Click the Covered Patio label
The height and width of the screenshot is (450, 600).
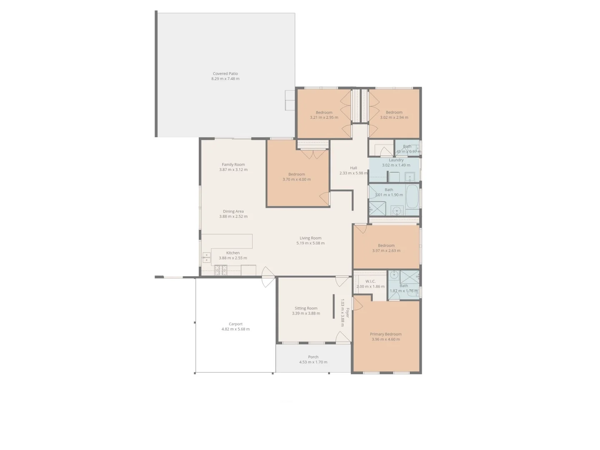[225, 74]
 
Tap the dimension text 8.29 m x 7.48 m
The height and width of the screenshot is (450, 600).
[225, 79]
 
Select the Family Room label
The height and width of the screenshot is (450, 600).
[233, 165]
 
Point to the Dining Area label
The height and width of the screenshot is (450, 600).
[233, 211]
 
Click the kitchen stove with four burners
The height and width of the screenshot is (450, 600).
[221, 270]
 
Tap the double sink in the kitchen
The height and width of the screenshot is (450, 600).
[207, 257]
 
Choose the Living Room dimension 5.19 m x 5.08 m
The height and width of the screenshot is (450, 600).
[310, 243]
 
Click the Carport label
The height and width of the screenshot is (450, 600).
[235, 324]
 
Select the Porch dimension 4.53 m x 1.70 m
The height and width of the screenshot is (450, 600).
[313, 362]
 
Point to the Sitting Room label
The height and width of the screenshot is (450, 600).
[306, 308]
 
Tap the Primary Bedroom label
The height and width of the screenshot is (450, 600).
[385, 334]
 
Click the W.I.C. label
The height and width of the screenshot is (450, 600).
[370, 281]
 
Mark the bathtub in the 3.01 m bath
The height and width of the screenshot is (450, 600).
[412, 196]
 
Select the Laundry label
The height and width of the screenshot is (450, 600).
[396, 160]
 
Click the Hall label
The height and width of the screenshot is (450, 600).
[353, 168]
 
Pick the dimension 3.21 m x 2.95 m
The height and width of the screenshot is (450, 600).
[324, 117]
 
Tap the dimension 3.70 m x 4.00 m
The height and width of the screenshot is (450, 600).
[297, 180]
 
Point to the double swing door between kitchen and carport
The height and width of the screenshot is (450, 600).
[267, 277]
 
